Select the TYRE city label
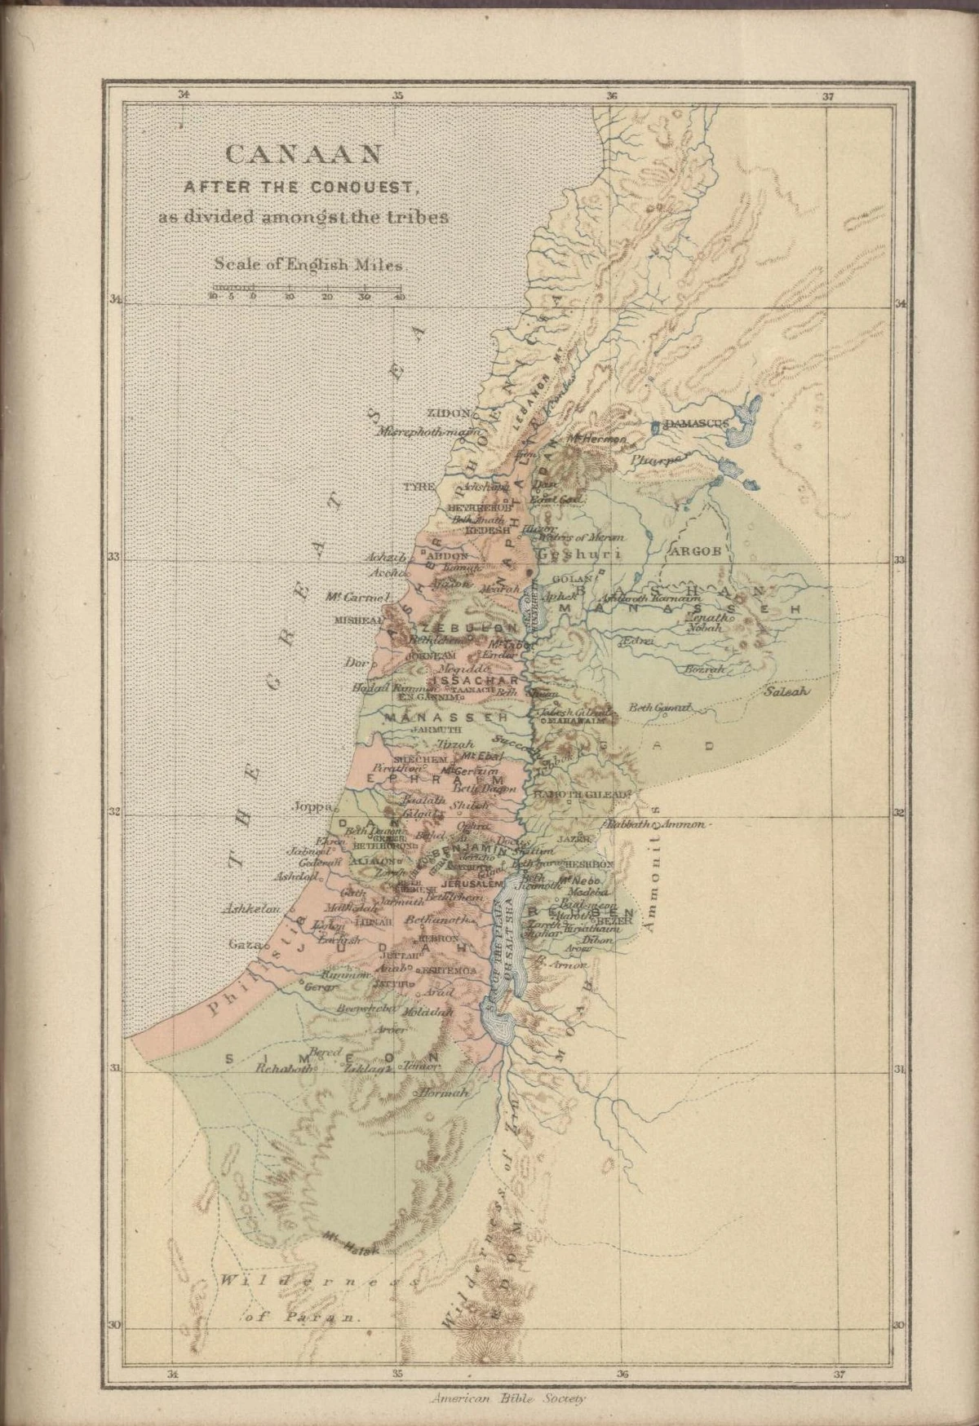(x=420, y=487)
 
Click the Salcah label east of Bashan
(x=786, y=691)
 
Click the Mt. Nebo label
(x=580, y=881)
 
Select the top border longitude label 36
(x=612, y=95)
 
